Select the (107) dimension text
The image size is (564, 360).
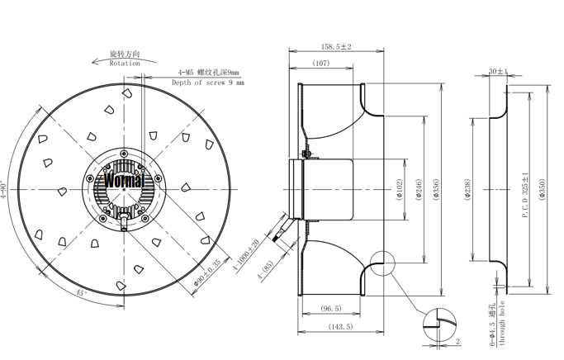point(322,64)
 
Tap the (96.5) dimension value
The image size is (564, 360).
point(331,309)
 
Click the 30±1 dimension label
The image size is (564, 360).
point(497,72)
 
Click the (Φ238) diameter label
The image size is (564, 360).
point(469,190)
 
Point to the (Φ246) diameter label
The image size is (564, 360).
point(419,192)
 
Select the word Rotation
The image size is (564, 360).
point(125,63)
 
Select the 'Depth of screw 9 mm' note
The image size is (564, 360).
point(207,83)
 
